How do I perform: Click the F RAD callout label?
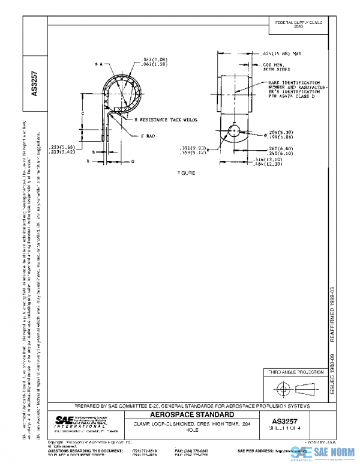point(148,136)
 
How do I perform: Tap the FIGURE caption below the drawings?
point(189,172)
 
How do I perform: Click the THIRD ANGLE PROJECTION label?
point(292,373)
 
